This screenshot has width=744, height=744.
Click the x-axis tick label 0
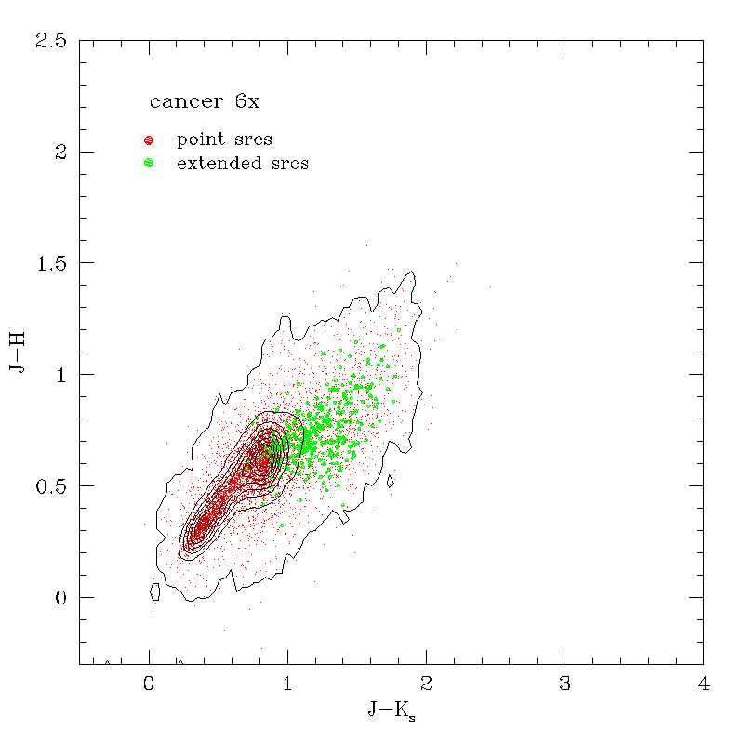(149, 684)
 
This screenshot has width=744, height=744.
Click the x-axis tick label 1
(287, 684)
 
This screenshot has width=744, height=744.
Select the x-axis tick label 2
(426, 684)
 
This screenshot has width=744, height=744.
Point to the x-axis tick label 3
(565, 684)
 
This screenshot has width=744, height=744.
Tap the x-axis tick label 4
(703, 684)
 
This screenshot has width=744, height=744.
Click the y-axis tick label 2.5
(51, 41)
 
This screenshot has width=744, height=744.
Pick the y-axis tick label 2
(62, 152)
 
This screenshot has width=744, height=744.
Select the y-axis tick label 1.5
(51, 263)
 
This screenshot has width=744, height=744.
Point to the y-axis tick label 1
(62, 375)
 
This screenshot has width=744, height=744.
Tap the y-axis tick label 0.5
(51, 485)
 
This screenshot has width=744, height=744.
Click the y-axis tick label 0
(62, 597)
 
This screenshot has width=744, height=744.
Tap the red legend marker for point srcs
(149, 140)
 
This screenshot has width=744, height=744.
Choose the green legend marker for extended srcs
(149, 164)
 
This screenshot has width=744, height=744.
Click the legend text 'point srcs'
(224, 140)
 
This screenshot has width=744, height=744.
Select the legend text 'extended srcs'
(243, 164)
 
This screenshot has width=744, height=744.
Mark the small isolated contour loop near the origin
(155, 591)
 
